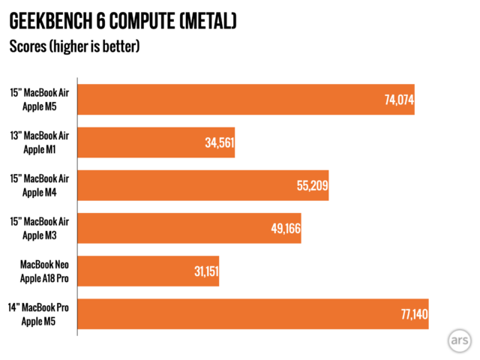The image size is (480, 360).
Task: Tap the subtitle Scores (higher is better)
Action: [x=74, y=46]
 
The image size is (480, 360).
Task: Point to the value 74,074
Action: [x=399, y=100]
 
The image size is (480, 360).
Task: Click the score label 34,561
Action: [x=219, y=142]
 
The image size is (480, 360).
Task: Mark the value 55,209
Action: [x=313, y=185]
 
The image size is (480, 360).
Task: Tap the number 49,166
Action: [x=285, y=228]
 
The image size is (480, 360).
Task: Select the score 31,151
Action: [x=203, y=271]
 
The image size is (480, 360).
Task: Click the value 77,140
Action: [x=412, y=313]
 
